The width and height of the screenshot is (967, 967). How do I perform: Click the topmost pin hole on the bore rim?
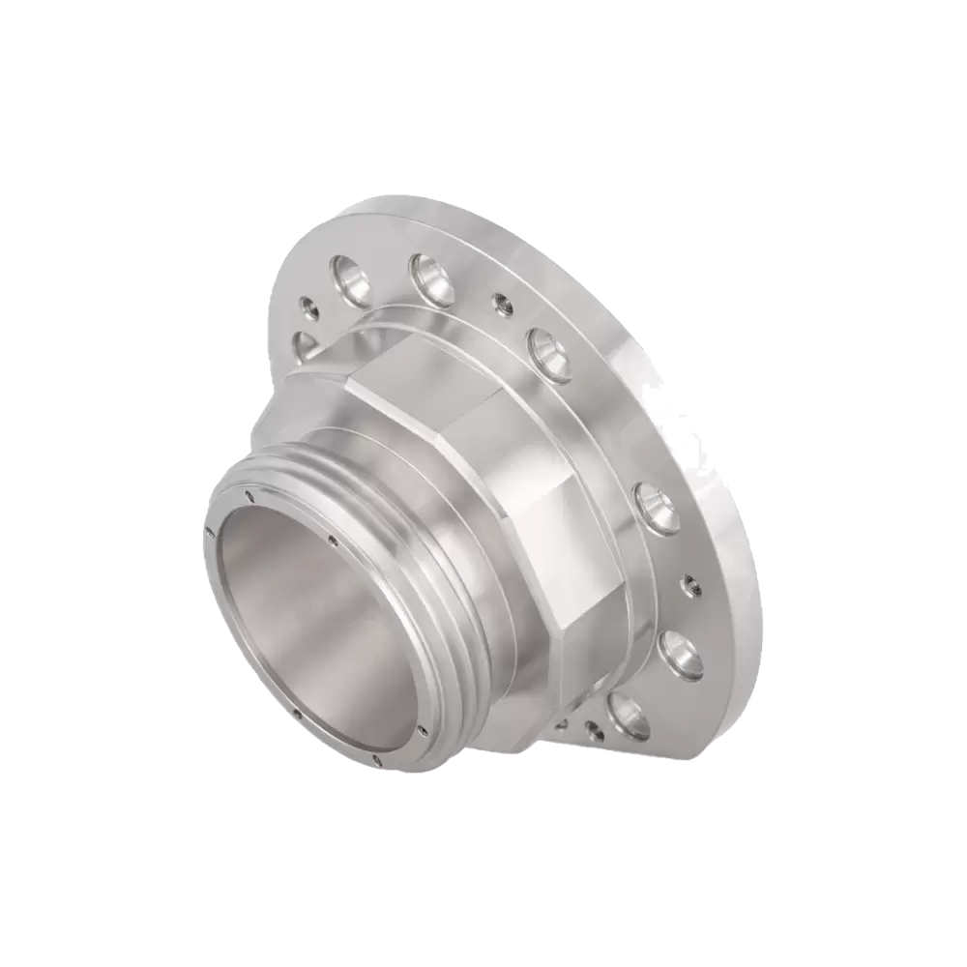[x=249, y=494]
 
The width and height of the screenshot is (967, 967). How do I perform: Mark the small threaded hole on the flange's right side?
[x=690, y=584]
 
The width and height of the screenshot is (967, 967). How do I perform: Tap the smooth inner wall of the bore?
[x=309, y=619]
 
